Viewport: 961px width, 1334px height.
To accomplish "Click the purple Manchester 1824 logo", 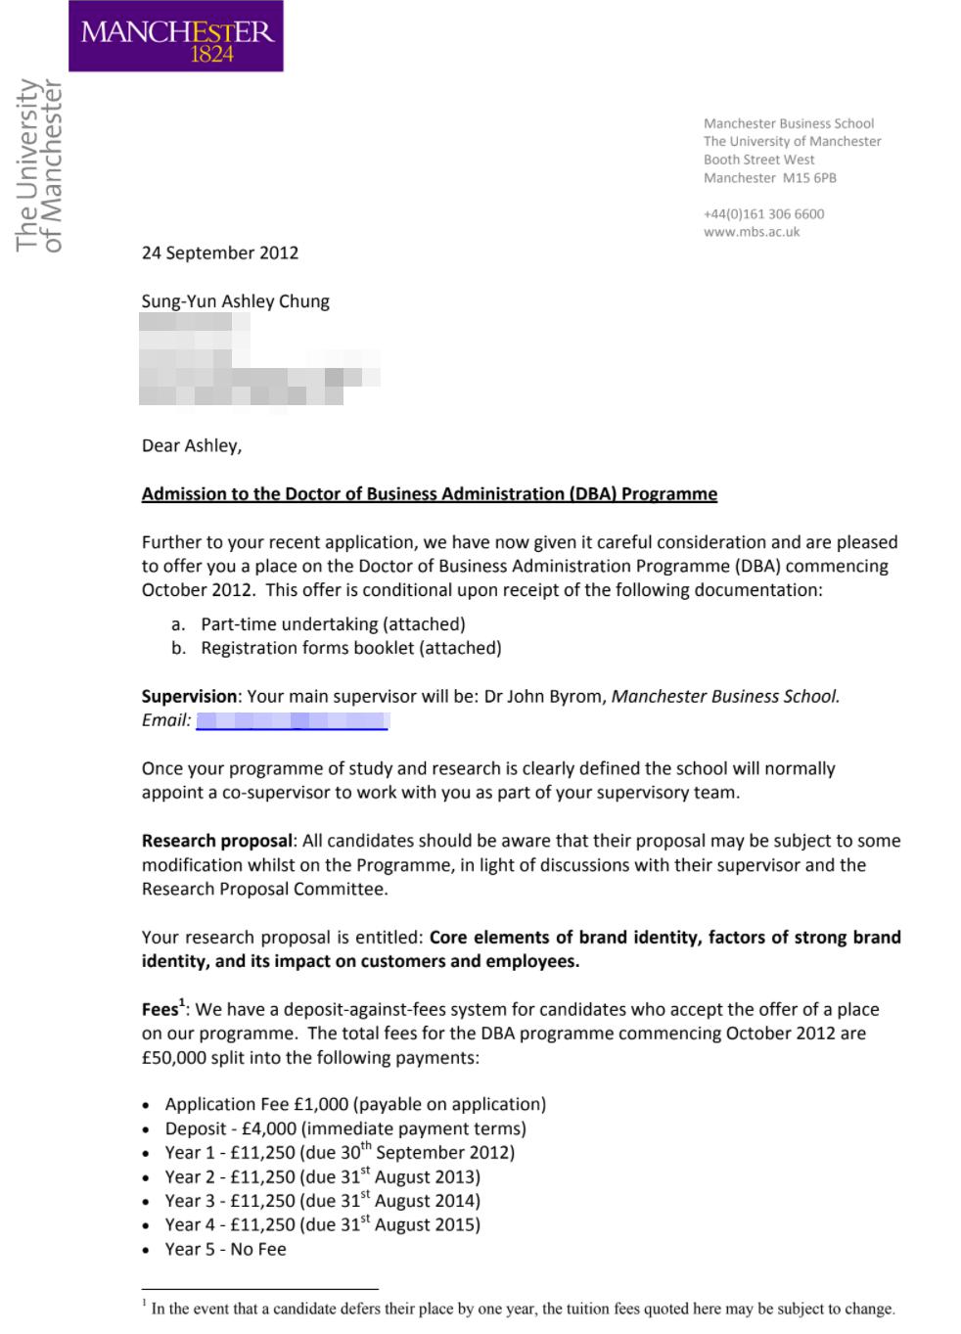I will click(176, 36).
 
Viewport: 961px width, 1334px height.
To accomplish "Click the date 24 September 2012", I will click(220, 253).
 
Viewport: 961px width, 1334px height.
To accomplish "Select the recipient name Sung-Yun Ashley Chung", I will click(235, 301).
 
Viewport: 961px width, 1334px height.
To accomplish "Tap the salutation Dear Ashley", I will click(192, 446).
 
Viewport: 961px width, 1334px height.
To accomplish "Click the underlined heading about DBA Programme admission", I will click(429, 494).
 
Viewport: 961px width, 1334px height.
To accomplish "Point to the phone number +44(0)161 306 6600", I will click(763, 214).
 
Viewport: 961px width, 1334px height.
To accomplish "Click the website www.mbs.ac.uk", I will click(752, 232).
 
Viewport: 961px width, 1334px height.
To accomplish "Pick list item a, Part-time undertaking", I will click(333, 624).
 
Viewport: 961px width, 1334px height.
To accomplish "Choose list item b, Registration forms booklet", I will click(350, 648).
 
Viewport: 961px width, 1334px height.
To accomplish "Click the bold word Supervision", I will click(189, 697).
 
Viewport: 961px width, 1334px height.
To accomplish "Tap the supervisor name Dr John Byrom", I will click(544, 697).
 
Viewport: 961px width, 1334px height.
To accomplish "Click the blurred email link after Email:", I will click(292, 721).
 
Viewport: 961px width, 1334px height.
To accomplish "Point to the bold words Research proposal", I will click(216, 841).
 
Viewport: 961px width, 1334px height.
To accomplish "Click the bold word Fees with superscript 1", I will click(162, 1009).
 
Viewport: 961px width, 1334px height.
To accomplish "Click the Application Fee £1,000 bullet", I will click(355, 1104).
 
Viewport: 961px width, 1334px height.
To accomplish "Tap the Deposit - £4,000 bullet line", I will click(345, 1128).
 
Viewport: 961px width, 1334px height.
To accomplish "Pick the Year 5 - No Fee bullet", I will click(225, 1249).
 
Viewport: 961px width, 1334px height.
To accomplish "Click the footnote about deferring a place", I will click(523, 1309).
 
